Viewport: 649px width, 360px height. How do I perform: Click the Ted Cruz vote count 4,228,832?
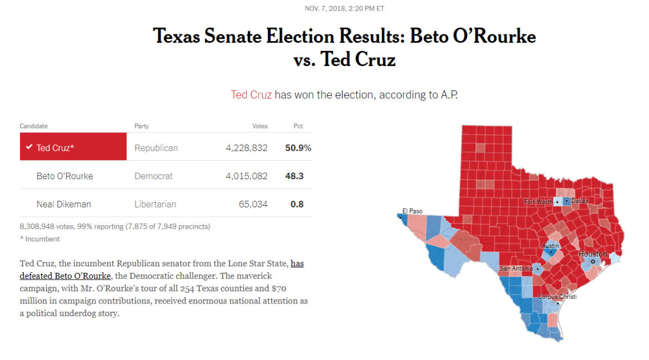[246, 148]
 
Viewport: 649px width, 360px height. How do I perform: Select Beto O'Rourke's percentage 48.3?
[297, 176]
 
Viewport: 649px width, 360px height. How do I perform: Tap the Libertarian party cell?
[155, 204]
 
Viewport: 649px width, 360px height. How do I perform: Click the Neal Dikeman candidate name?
[64, 204]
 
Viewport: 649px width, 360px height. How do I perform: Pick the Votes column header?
[260, 126]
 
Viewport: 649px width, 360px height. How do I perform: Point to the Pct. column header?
[298, 126]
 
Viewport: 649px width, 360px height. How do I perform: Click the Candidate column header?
[34, 126]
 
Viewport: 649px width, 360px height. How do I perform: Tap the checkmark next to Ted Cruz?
[29, 148]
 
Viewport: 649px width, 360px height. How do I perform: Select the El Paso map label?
[412, 211]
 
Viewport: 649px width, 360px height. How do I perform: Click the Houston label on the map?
[593, 254]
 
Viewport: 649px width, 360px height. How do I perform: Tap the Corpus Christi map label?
[557, 297]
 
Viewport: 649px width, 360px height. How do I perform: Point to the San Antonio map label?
[516, 268]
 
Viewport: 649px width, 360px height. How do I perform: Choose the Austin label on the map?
[550, 245]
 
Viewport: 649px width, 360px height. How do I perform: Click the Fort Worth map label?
[538, 202]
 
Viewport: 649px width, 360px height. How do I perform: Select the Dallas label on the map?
[579, 201]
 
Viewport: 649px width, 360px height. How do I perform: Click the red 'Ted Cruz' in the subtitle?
[251, 95]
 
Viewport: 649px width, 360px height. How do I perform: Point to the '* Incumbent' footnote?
[40, 239]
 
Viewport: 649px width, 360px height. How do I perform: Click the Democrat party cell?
[154, 176]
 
